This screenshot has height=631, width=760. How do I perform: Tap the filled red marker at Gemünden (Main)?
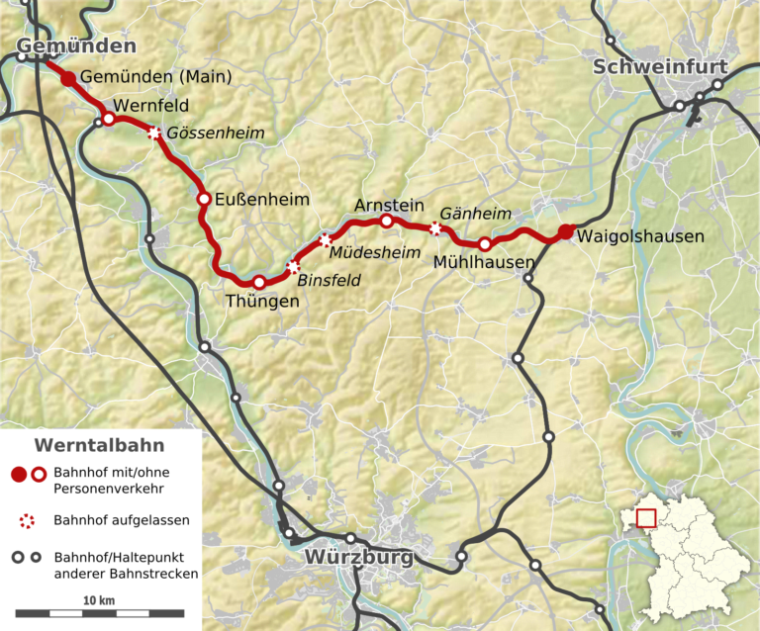coord(68,78)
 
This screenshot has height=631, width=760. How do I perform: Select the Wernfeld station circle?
coord(109,119)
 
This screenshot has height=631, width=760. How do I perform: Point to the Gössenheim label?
coord(205,133)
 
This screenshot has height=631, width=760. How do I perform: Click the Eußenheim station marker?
coord(204,199)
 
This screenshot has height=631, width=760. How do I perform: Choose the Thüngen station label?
coord(261,301)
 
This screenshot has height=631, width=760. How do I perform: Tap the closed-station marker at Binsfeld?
coord(292,266)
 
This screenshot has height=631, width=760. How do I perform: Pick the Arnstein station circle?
coord(387,221)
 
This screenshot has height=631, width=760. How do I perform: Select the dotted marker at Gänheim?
coord(435,228)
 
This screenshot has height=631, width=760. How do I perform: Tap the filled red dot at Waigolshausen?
coord(565,232)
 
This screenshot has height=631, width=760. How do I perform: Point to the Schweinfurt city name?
coord(660,67)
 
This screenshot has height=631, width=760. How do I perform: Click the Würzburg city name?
coord(358,558)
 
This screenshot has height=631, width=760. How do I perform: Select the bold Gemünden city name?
coord(76,46)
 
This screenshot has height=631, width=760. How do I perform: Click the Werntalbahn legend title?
coord(99,445)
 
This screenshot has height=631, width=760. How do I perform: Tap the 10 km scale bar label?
coord(99,600)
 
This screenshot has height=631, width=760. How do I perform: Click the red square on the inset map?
coord(646,516)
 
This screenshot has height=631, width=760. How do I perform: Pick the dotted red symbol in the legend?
coord(28,519)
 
